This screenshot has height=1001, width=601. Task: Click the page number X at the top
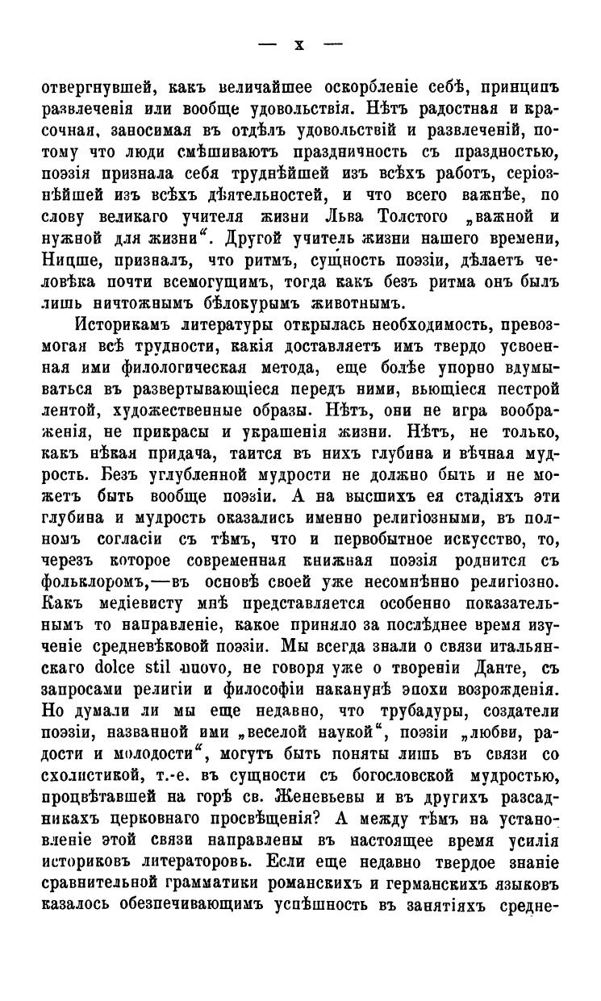click(x=299, y=45)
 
